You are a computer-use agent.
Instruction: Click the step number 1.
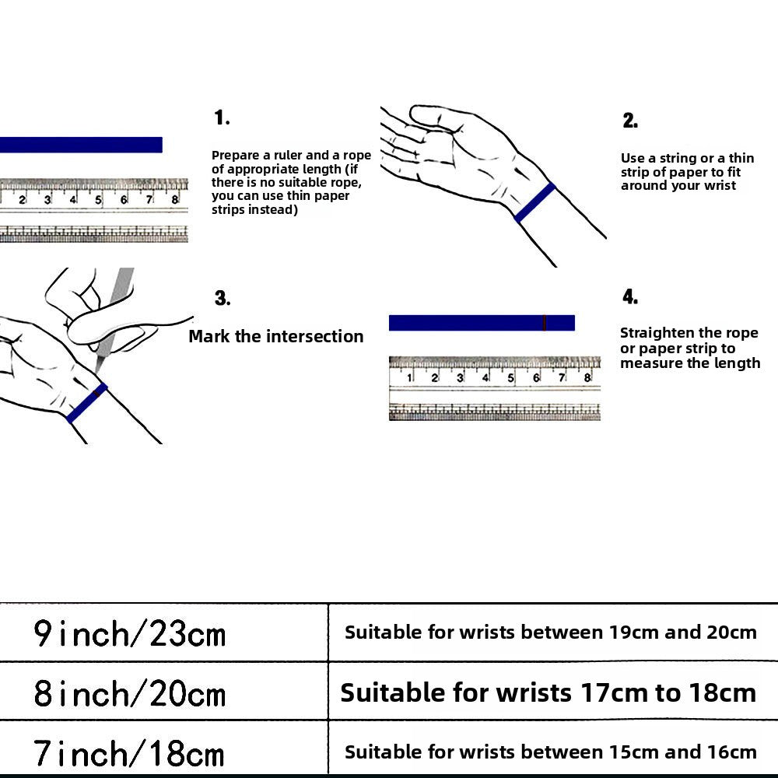222,118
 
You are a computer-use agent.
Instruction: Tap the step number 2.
630,121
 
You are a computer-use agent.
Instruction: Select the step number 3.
223,299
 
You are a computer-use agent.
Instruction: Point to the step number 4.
630,297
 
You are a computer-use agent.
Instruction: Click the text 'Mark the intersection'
276,336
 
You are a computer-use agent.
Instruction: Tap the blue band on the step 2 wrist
535,202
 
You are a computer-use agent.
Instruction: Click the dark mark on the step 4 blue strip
545,323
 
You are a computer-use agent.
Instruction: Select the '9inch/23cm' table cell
129,633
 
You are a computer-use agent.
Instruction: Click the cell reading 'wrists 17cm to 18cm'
548,692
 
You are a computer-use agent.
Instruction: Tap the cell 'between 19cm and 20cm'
551,633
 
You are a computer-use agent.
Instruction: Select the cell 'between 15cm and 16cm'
551,752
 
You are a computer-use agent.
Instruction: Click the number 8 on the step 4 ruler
587,379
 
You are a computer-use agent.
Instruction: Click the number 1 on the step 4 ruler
410,379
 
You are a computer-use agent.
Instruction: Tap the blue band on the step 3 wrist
86,403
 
